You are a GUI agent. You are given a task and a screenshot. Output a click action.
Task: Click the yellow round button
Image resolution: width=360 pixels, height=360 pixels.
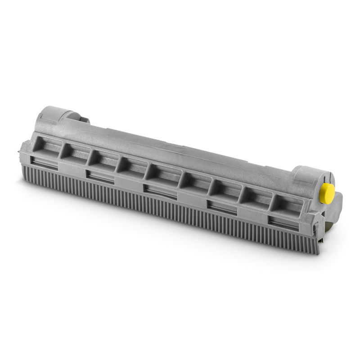(326, 193)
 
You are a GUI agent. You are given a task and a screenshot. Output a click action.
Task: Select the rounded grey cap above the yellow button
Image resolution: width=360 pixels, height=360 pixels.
(312, 176)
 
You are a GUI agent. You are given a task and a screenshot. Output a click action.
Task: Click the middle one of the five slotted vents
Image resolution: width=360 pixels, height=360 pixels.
(160, 191)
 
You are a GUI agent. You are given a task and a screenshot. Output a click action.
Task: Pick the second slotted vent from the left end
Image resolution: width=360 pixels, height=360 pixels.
(100, 176)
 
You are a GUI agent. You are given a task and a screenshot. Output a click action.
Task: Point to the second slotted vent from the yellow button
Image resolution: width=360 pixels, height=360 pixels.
(221, 207)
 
